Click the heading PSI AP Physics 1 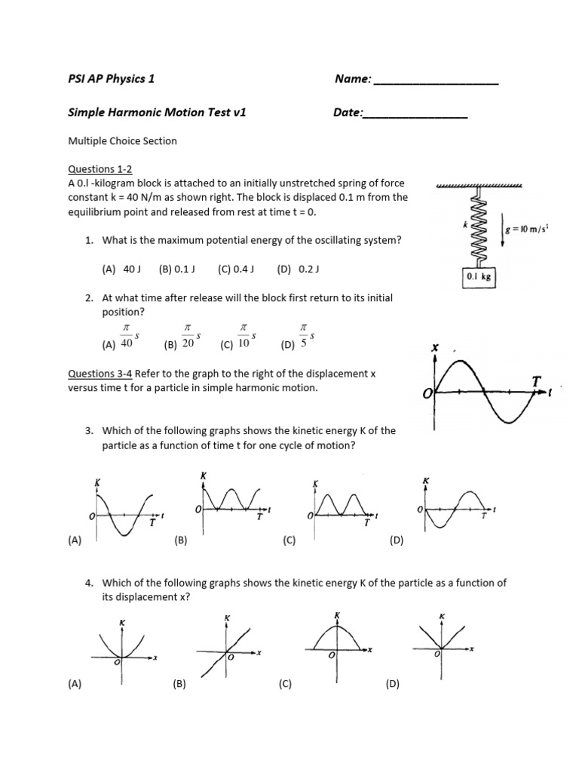coord(112,79)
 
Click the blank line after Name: coord(436,80)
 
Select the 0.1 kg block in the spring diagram coord(477,277)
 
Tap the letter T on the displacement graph coord(536,382)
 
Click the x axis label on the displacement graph coord(434,348)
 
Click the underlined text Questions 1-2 coord(100,170)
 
